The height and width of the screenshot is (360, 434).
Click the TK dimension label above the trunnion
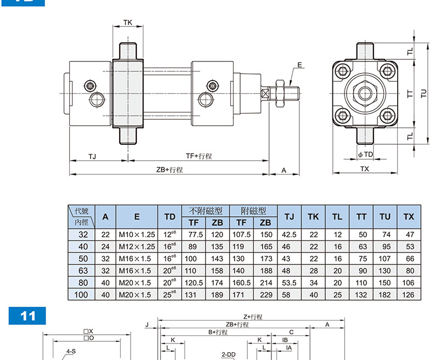(127, 22)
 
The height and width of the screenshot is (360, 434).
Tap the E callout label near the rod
(300, 65)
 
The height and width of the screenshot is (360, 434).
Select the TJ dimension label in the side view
(92, 157)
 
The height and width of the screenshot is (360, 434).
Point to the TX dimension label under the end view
(365, 168)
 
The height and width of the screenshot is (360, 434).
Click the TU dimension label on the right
(424, 93)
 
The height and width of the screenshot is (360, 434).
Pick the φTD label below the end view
(365, 154)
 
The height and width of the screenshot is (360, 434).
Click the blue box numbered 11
(27, 316)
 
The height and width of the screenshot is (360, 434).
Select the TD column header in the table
(170, 217)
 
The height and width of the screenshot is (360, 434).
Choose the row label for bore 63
(83, 271)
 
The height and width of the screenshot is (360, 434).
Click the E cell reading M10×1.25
(137, 235)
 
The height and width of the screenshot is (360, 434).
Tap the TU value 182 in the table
(385, 295)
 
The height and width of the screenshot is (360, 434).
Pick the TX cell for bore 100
(408, 295)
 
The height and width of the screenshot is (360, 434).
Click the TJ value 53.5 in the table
(289, 283)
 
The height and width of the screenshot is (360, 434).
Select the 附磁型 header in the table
(253, 211)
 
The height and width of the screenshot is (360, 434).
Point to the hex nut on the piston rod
(280, 93)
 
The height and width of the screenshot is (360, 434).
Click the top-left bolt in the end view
(343, 70)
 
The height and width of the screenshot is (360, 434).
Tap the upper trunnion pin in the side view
(128, 51)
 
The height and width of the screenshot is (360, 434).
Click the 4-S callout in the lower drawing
(71, 351)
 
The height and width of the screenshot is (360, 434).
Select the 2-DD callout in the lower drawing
(229, 355)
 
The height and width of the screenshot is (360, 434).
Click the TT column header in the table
(361, 217)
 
